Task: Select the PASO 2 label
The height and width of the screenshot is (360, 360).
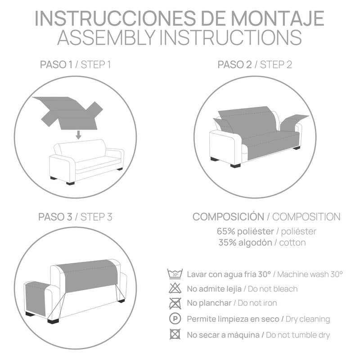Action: point(234,65)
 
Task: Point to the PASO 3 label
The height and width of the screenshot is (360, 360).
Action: point(56,217)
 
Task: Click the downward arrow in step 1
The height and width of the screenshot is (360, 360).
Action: point(78,134)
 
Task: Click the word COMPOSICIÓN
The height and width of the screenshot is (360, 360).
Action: point(228,216)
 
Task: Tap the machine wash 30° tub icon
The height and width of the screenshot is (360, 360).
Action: point(175,274)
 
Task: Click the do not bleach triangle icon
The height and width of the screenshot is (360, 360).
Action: point(175,289)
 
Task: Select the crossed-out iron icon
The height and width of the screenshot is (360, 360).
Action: point(175,304)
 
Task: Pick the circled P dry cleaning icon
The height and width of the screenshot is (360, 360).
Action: point(175,319)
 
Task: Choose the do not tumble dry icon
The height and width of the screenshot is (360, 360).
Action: point(175,334)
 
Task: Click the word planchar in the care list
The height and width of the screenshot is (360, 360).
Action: point(216,304)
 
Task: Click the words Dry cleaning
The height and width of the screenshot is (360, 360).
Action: point(308,319)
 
